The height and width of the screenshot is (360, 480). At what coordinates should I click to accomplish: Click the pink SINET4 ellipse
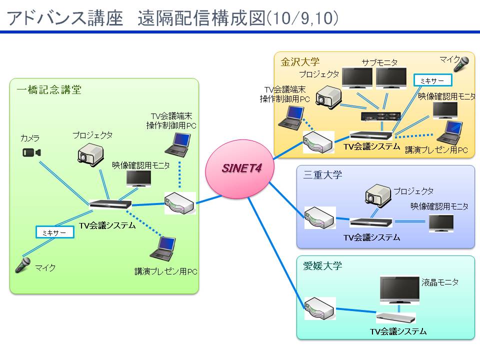click(239, 169)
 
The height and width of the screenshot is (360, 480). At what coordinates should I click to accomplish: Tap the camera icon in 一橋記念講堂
click(31, 152)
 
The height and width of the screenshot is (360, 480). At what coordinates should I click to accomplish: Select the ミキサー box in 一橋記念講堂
click(55, 232)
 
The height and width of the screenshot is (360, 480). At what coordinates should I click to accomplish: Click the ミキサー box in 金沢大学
click(432, 80)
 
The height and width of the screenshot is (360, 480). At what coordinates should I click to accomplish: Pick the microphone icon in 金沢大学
click(461, 64)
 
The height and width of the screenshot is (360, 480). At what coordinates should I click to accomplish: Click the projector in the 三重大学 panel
click(378, 195)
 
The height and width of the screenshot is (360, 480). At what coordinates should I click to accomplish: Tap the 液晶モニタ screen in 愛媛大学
click(399, 289)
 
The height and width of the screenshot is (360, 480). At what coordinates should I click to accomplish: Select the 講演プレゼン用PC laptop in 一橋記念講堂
click(163, 249)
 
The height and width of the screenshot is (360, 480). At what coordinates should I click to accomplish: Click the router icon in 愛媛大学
click(320, 308)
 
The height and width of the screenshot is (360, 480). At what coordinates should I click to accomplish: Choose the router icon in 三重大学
click(320, 217)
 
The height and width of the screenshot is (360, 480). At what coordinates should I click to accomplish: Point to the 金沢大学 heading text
click(300, 62)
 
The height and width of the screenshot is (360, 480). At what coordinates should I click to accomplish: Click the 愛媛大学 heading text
click(322, 265)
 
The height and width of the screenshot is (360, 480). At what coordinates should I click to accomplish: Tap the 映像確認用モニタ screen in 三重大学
click(441, 223)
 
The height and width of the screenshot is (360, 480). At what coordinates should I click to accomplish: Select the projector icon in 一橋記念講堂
click(90, 155)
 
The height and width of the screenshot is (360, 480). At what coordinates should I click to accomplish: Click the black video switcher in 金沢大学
click(380, 116)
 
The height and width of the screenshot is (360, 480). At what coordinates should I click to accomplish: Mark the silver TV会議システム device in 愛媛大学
click(396, 318)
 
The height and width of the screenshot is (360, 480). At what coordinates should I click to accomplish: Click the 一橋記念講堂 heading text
click(49, 89)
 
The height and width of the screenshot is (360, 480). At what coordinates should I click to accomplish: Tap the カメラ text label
click(30, 138)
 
